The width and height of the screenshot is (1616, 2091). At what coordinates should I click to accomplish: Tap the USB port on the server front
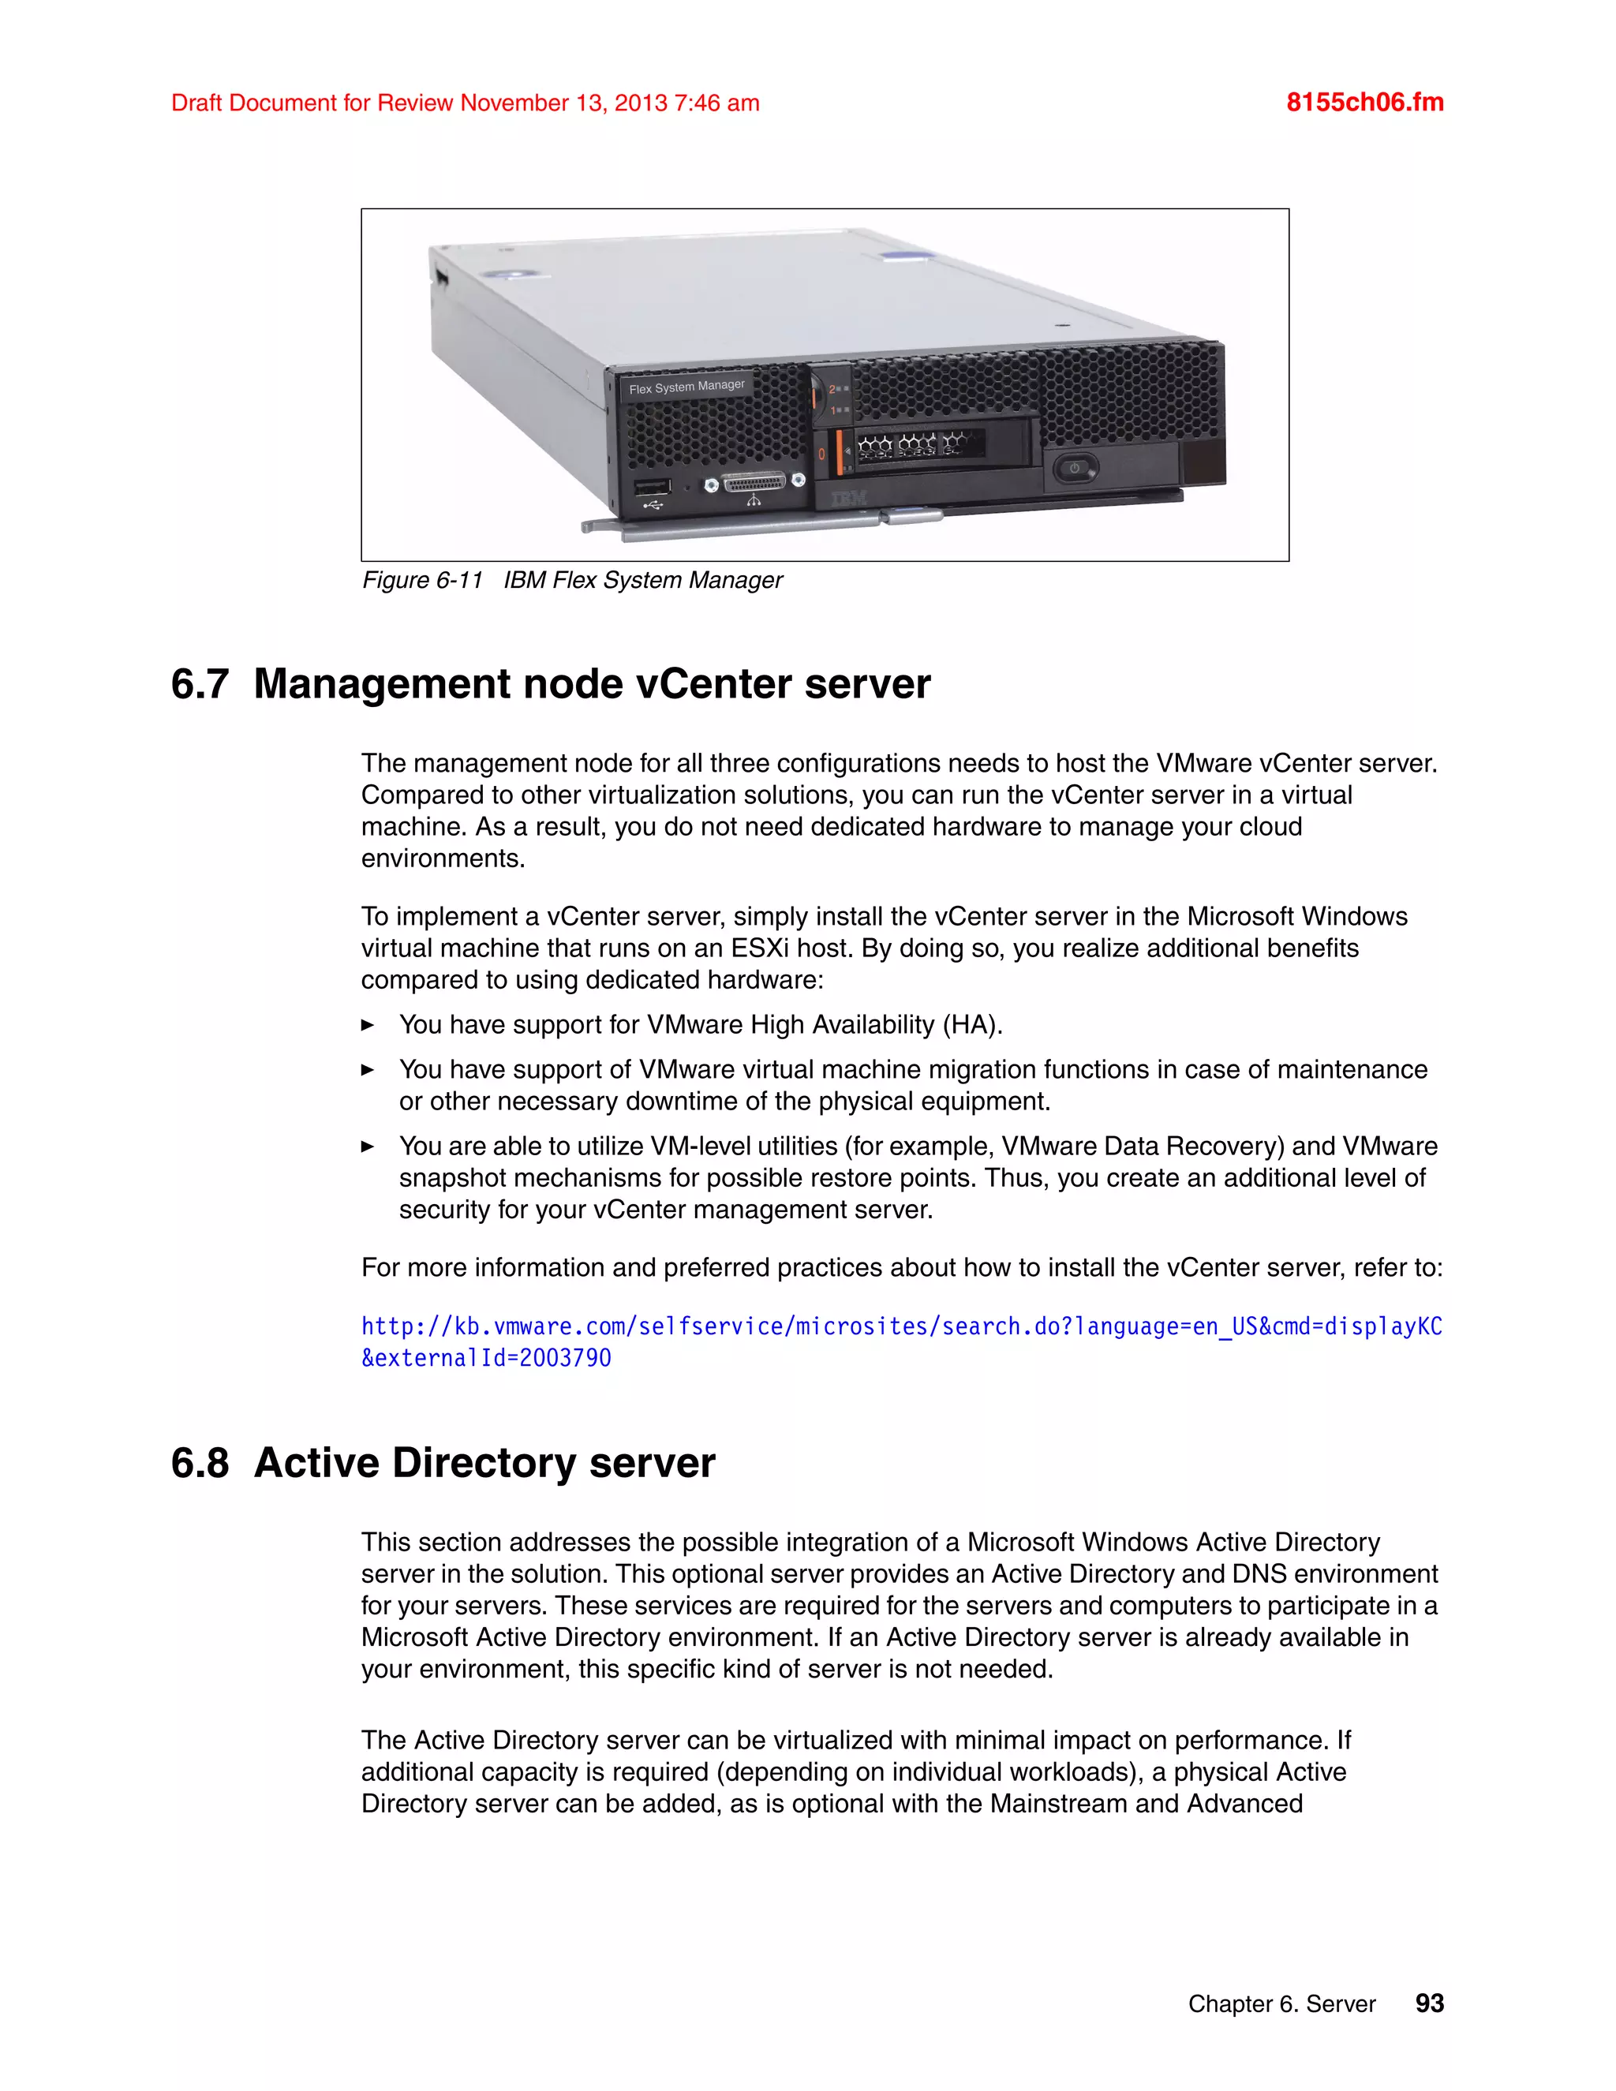[653, 486]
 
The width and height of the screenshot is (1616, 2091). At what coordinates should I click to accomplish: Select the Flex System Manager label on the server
[686, 386]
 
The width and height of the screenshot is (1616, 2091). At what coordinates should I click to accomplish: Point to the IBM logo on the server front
[848, 498]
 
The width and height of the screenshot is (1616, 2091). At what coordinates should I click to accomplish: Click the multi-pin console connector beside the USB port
[754, 484]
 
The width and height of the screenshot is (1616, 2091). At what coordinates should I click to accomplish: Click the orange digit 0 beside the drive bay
[821, 453]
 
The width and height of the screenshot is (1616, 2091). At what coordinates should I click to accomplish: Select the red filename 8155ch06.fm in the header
[1364, 103]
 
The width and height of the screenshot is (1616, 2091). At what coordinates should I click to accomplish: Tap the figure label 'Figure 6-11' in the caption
[422, 580]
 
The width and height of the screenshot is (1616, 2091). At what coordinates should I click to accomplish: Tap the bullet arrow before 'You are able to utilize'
[368, 1146]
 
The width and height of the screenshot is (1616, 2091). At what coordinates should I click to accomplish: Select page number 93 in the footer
[1429, 2003]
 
